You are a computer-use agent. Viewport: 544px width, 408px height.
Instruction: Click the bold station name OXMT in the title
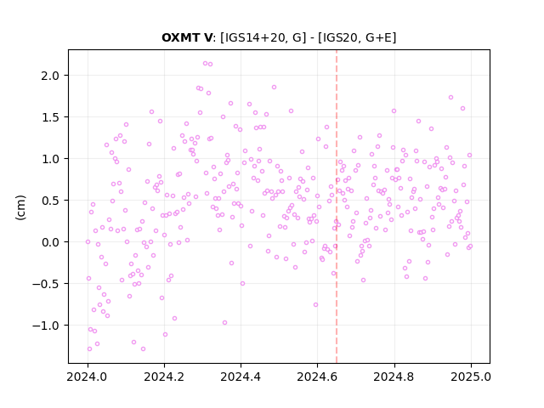tap(182, 37)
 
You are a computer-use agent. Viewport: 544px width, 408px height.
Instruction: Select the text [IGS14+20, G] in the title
tap(263, 37)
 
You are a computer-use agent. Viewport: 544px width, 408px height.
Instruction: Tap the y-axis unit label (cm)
tap(20, 207)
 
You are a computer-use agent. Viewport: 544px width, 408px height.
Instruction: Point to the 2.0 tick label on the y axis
tap(50, 76)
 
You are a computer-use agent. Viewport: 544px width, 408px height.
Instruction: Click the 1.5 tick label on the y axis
tap(50, 117)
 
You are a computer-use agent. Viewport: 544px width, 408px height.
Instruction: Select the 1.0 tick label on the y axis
tap(50, 159)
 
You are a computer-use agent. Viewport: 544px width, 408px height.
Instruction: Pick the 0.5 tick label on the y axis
tap(50, 201)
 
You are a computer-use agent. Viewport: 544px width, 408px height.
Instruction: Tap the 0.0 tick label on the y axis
tap(50, 242)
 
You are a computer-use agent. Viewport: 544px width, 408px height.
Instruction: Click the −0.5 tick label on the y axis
tap(46, 284)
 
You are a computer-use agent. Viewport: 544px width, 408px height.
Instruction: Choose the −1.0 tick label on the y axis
tap(46, 326)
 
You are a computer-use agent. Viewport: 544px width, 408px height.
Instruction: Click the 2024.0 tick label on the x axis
tap(88, 377)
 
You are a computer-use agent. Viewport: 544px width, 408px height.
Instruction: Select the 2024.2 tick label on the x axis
tap(164, 377)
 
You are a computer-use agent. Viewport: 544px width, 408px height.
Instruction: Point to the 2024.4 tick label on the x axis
tap(241, 377)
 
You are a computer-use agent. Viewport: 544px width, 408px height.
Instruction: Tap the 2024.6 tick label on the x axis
tap(317, 377)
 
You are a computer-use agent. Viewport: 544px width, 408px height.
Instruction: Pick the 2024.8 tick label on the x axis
tap(394, 377)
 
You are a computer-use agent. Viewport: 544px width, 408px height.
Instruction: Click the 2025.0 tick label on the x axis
tap(471, 377)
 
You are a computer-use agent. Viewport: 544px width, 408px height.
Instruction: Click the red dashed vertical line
tap(337, 207)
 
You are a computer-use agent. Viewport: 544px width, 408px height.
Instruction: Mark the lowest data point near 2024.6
tap(315, 304)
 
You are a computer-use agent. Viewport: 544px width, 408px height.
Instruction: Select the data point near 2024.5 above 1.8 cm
tap(274, 87)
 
